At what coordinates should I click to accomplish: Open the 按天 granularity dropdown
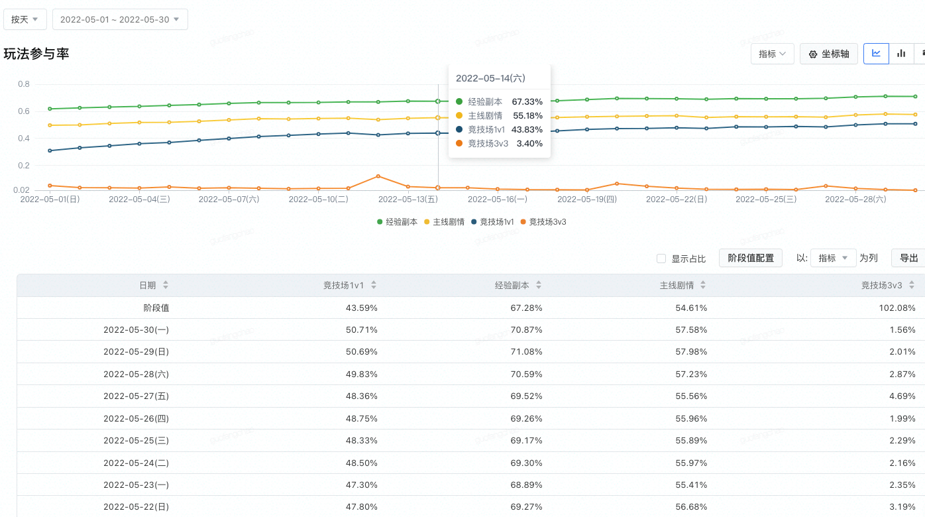[25, 19]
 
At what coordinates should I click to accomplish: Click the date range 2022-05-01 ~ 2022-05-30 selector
[120, 19]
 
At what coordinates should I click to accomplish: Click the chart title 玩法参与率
[36, 54]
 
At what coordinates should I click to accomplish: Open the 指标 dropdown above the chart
[772, 54]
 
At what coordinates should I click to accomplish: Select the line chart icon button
[876, 54]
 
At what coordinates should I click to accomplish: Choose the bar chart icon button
[901, 54]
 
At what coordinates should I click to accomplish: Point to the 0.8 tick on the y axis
[24, 84]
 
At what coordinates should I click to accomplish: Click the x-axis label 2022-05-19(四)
[586, 199]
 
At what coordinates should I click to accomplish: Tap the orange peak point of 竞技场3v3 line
[378, 176]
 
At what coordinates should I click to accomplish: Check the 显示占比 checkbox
[661, 258]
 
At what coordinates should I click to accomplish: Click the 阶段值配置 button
[750, 258]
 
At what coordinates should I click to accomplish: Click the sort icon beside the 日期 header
[166, 285]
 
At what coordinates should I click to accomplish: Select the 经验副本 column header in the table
[512, 286]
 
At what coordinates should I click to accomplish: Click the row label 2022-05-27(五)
[136, 396]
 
